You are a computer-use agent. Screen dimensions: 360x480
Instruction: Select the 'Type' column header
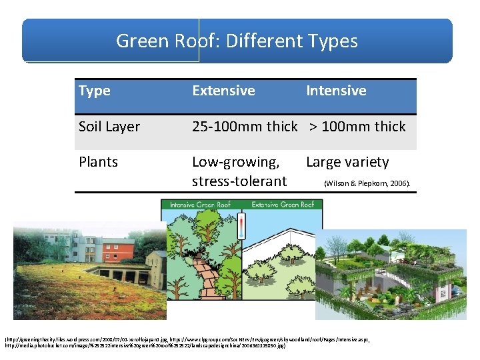95,91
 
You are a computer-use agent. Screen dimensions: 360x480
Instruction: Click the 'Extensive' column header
223,91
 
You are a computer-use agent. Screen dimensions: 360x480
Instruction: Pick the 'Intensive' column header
336,91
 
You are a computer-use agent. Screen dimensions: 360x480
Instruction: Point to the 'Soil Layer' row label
109,127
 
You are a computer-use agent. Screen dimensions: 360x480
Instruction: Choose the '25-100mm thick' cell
244,127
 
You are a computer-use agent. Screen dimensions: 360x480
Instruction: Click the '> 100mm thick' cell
357,127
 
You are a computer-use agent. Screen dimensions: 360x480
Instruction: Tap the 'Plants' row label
98,162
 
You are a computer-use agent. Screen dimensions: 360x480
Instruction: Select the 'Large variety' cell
347,162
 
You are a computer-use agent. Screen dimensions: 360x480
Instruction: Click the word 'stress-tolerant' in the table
239,181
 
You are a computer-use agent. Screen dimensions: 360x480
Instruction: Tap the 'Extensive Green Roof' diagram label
281,205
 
